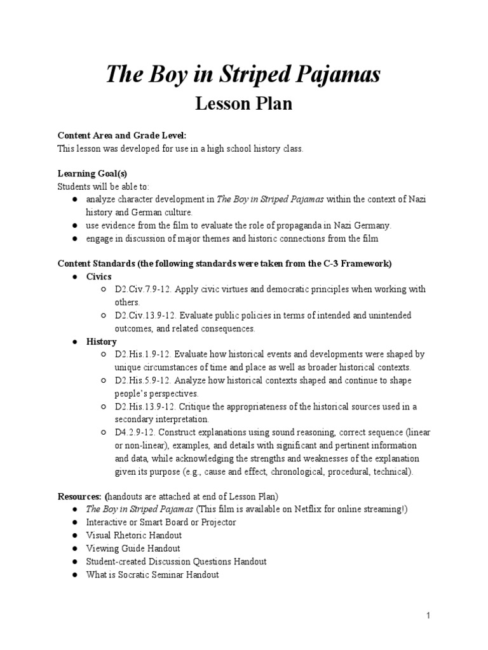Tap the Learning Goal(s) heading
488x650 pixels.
click(x=97, y=173)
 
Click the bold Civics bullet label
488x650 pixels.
click(x=99, y=276)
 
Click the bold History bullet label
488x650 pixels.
click(x=102, y=342)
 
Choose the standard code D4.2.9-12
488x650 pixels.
click(x=135, y=432)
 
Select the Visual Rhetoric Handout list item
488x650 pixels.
click(x=134, y=535)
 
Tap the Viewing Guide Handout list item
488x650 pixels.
click(x=133, y=548)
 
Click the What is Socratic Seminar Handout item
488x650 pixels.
click(x=152, y=574)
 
